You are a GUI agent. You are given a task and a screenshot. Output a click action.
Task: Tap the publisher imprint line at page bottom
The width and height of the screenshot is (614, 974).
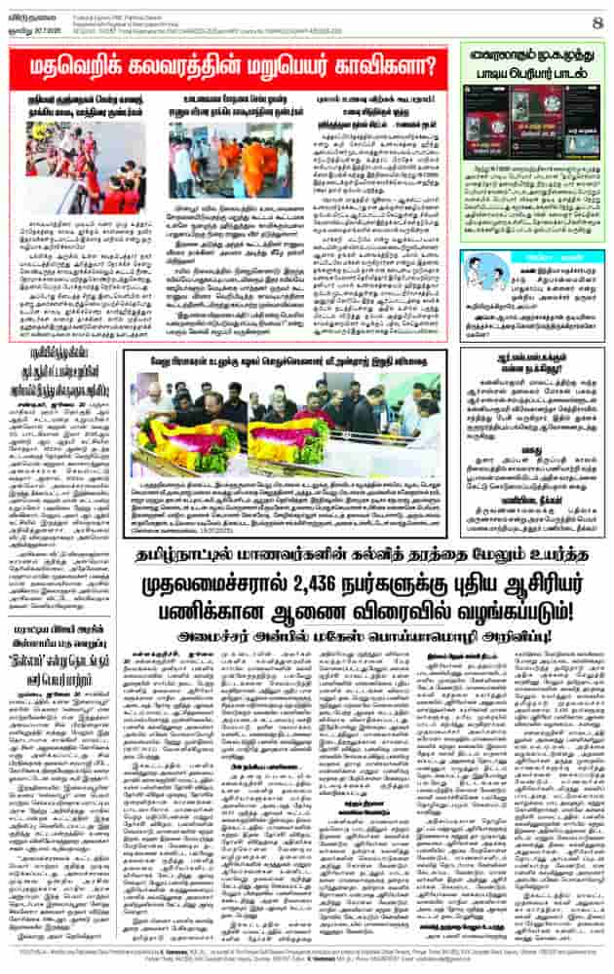point(307,958)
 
